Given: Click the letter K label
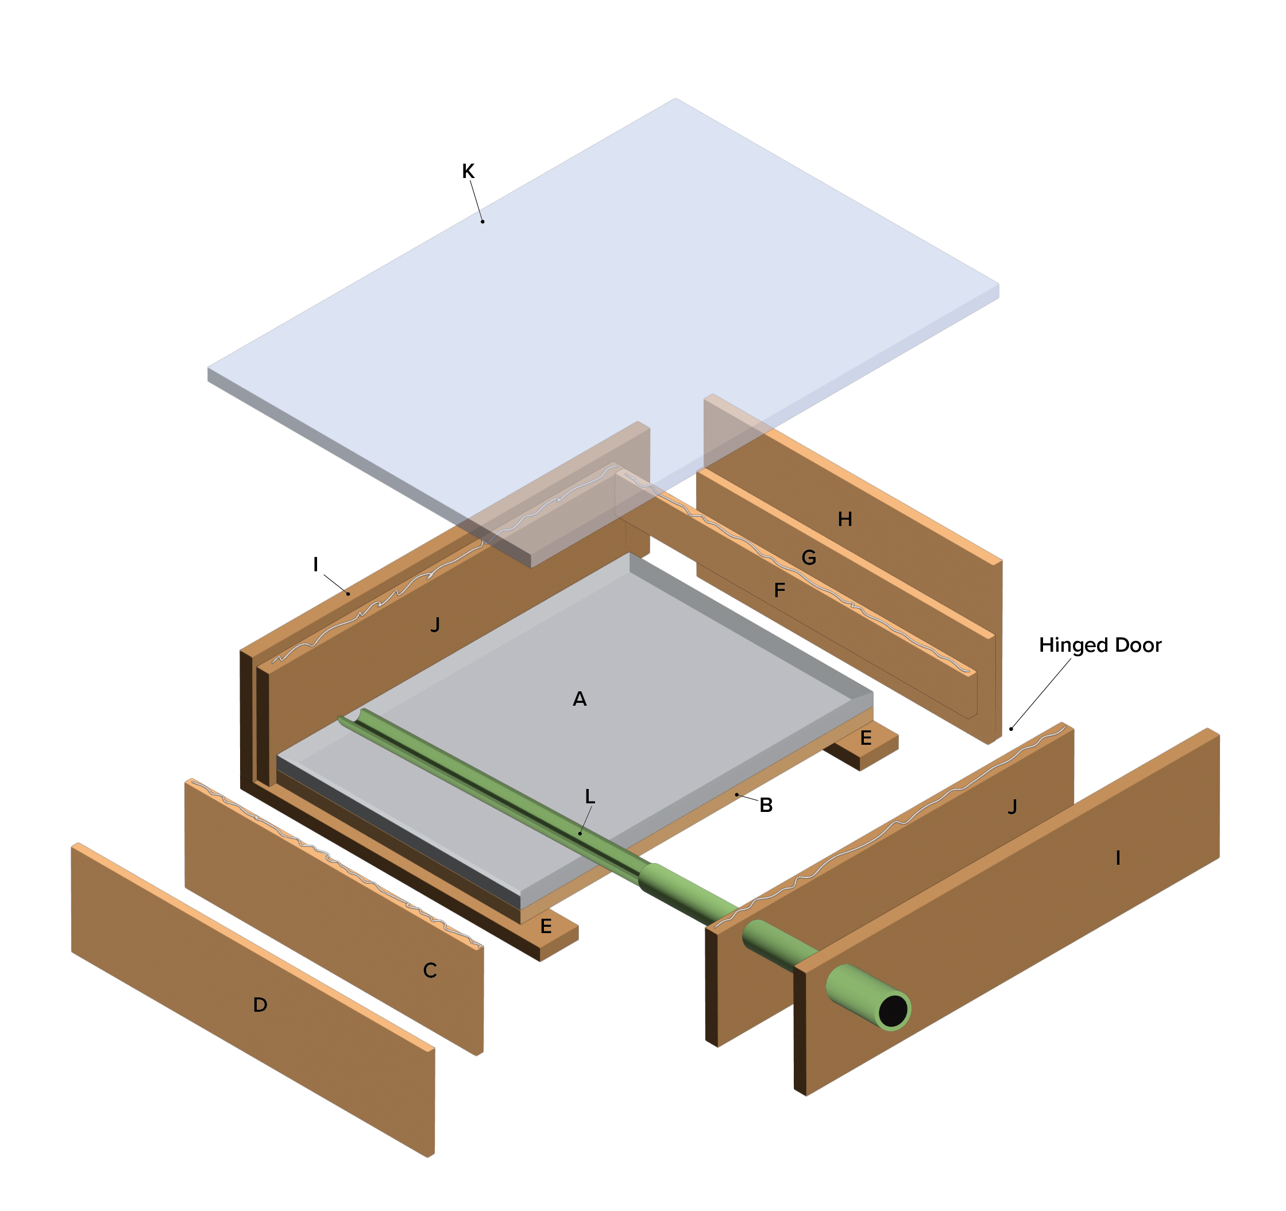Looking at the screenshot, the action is pyautogui.click(x=468, y=171).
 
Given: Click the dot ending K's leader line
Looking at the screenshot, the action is pyautogui.click(x=482, y=222).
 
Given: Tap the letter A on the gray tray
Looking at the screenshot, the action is pyautogui.click(x=580, y=699).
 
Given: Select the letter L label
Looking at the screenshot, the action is pyautogui.click(x=590, y=796).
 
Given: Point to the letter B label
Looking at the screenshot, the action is pyautogui.click(x=766, y=805).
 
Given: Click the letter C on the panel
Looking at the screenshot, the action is pyautogui.click(x=430, y=970).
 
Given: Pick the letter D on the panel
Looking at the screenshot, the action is pyautogui.click(x=260, y=1004).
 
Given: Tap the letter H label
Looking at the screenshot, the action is pyautogui.click(x=845, y=519).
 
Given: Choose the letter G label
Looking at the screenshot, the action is pyautogui.click(x=809, y=558).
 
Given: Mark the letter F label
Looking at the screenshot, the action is pyautogui.click(x=779, y=590).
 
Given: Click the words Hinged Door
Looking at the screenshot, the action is pyautogui.click(x=1100, y=645).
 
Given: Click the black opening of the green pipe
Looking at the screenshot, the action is pyautogui.click(x=893, y=1011).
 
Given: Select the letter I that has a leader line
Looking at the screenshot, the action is pyautogui.click(x=316, y=564).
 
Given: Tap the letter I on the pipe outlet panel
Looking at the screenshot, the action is pyautogui.click(x=1118, y=858).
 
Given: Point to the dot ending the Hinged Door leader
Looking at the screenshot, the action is pyautogui.click(x=1011, y=729).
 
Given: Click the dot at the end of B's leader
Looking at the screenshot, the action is pyautogui.click(x=736, y=795).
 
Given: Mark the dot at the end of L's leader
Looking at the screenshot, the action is pyautogui.click(x=580, y=833).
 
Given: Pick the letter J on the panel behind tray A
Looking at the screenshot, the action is pyautogui.click(x=435, y=625).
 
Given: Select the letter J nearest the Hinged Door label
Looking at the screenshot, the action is pyautogui.click(x=1013, y=806).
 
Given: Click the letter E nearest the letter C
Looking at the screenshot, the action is pyautogui.click(x=546, y=927).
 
